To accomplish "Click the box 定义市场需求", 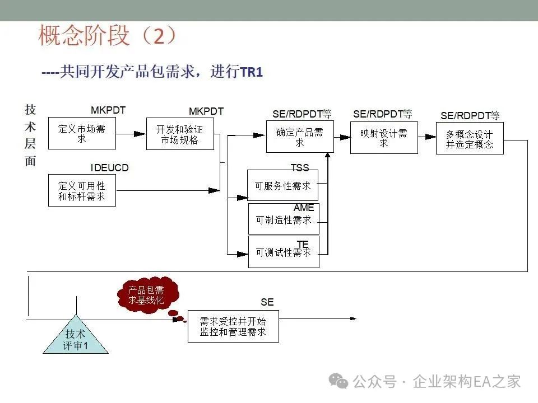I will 82,133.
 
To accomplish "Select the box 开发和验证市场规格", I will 180,134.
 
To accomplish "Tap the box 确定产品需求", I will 300,137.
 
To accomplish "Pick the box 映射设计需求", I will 384,138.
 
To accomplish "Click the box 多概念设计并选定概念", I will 470,138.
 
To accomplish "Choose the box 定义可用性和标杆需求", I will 82,190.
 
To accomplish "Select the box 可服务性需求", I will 282,186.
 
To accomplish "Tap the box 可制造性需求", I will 284,220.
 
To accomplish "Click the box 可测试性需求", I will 284,253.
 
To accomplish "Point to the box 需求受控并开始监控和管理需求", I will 233,326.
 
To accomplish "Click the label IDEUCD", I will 110,167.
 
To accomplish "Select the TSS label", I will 300,167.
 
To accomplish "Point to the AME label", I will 304,208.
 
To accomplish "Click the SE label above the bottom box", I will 267,302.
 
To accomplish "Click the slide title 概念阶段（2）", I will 107,36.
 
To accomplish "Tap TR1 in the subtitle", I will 251,72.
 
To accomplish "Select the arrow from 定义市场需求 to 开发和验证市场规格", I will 131,134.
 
